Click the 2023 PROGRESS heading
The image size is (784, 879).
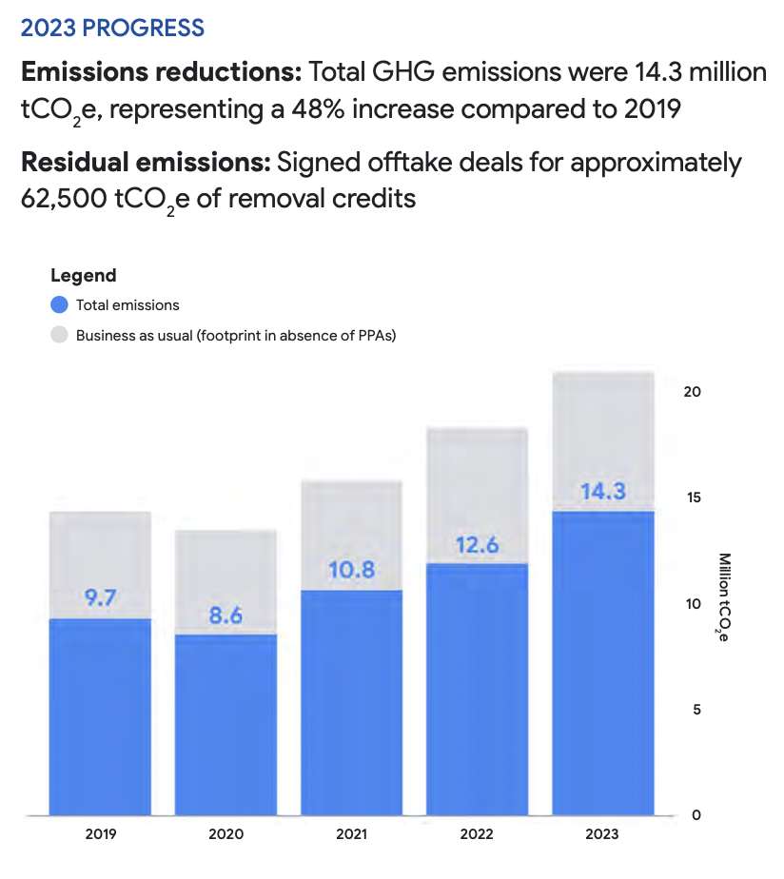coord(112,28)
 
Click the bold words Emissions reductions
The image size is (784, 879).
coord(161,72)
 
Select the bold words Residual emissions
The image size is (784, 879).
coord(145,163)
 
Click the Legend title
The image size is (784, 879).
coord(83,276)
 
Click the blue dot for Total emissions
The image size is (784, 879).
coord(59,305)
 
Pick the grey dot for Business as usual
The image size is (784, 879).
coord(59,335)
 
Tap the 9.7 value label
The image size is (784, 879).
coord(100,598)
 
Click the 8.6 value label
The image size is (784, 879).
coord(225,615)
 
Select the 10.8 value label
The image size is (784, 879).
coord(351,571)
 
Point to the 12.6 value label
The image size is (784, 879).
coord(477,545)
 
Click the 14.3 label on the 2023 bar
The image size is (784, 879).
coord(603,492)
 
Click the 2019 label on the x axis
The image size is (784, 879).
coord(100,834)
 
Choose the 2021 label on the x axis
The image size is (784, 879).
coord(351,834)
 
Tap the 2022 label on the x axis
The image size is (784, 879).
coord(477,834)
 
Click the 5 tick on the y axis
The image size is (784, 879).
coord(696,710)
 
